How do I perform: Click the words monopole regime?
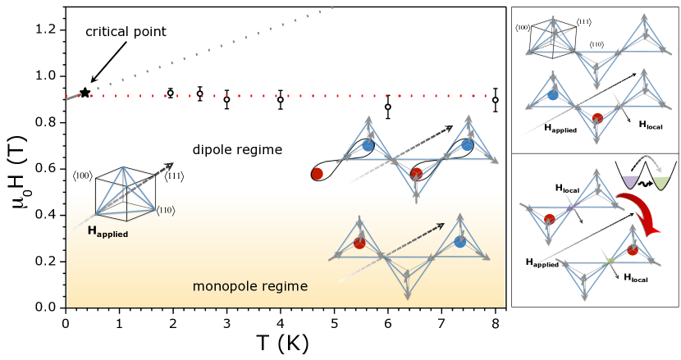point(250,286)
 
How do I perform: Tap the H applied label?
point(107,232)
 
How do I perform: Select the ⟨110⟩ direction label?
point(165,212)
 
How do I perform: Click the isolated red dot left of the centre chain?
point(318,174)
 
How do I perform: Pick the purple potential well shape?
point(630,182)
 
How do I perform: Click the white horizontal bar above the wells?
point(646,159)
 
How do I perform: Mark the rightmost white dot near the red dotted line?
point(495,100)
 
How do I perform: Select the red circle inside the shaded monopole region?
point(359,243)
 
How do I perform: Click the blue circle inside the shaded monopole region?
point(459,242)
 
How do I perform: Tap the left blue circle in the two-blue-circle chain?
point(368,145)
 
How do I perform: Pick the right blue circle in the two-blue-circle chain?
point(467,144)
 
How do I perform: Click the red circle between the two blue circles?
point(417,173)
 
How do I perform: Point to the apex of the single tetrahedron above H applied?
point(124,167)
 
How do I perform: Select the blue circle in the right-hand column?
point(553,94)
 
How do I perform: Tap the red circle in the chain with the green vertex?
point(633,250)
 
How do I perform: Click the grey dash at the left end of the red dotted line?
point(73,97)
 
